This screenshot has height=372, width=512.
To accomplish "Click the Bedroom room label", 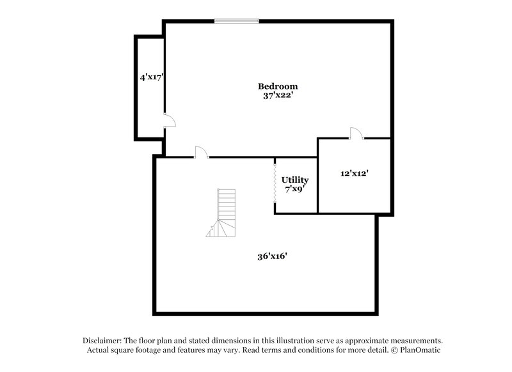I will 278,86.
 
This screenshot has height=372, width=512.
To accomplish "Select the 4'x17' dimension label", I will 153,77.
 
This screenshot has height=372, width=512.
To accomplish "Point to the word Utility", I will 295,180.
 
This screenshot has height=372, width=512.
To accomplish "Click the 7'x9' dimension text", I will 295,189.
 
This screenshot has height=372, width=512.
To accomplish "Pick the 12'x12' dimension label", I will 354,173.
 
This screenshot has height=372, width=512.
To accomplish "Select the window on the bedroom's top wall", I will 237,21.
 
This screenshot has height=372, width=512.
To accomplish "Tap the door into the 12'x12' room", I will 356,133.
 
